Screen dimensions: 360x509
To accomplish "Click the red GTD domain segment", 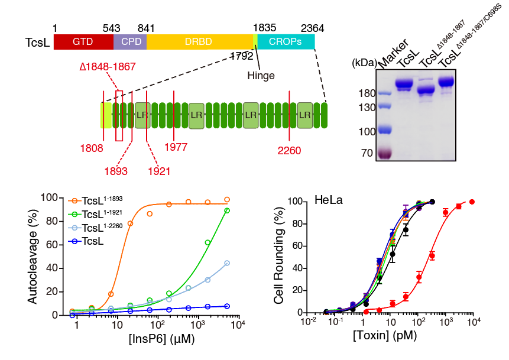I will pos(83,42).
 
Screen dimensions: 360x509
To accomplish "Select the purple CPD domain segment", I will pos(129,42).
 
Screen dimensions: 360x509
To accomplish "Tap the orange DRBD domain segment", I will pos(199,42).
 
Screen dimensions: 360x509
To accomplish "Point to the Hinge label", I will pos(261,75).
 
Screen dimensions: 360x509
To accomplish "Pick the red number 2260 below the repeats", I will pos(289,150).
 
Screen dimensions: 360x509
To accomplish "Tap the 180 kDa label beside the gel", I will pos(367,93).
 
